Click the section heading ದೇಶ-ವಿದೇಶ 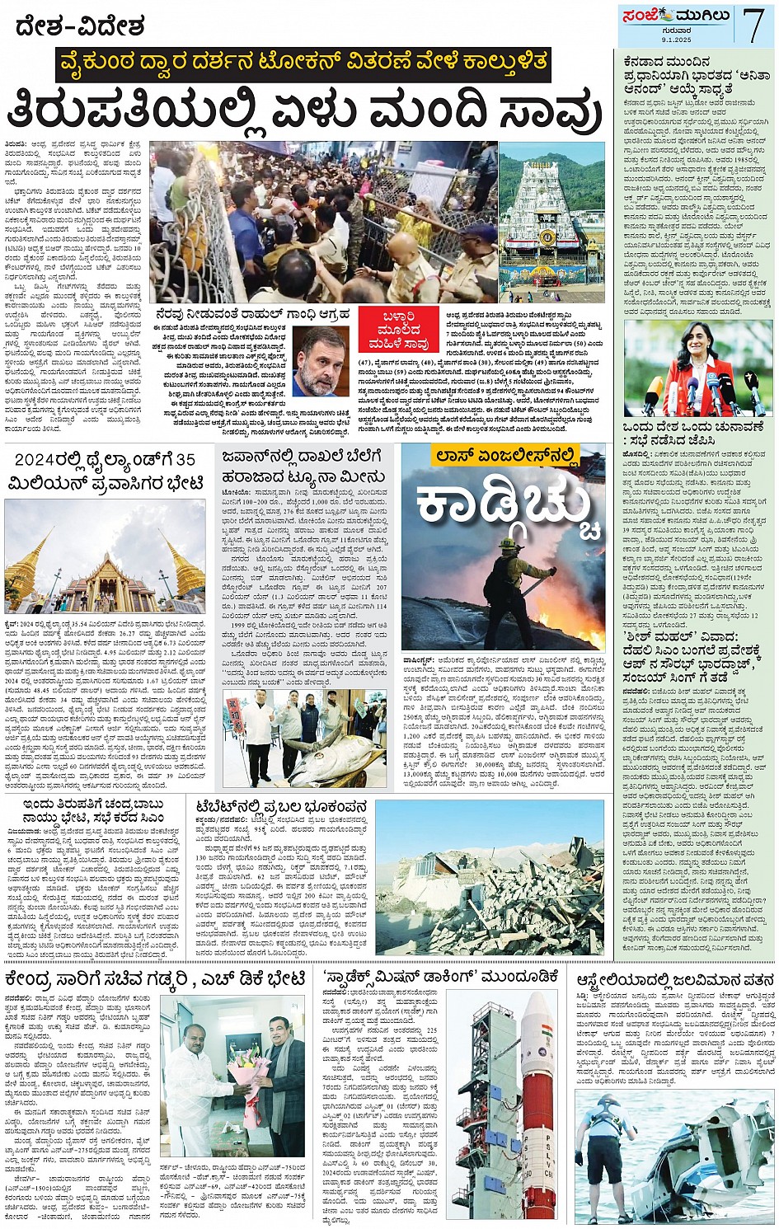(x=80, y=26)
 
